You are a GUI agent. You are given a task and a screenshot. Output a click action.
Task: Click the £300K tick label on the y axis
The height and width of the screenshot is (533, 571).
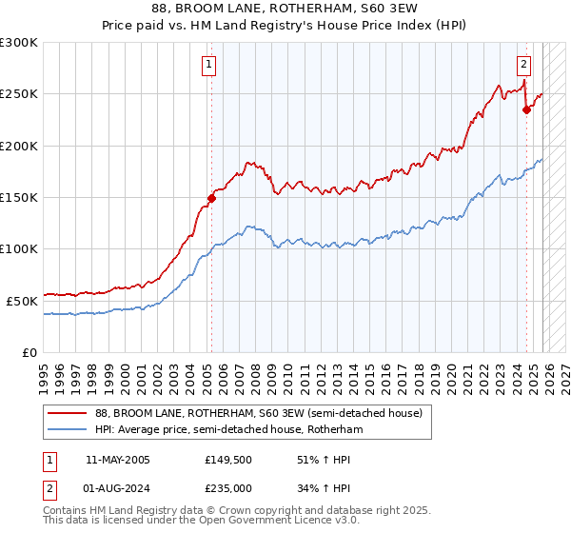(x=19, y=43)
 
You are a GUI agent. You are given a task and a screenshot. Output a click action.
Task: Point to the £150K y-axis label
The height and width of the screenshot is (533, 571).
(x=19, y=197)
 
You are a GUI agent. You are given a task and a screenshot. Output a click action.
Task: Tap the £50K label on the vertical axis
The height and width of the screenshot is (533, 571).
(x=22, y=300)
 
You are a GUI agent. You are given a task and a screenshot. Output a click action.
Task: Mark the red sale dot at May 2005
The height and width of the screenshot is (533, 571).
(x=211, y=198)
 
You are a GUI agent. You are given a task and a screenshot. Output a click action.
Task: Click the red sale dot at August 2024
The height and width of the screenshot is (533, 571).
(x=527, y=109)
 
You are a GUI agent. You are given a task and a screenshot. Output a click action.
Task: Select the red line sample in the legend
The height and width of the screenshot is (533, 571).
(x=68, y=414)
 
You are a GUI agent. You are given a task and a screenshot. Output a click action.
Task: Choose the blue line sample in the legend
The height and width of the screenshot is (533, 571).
(x=68, y=430)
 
